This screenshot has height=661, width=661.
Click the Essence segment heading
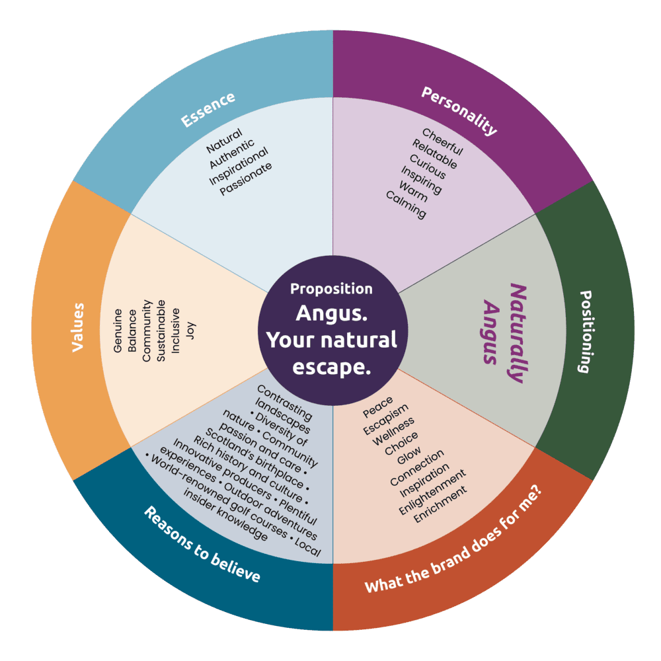[208, 110]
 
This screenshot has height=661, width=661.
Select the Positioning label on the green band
[584, 331]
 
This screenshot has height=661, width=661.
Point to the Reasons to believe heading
[202, 545]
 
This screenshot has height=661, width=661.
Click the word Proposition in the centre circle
[331, 289]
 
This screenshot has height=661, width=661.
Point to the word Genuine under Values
[118, 330]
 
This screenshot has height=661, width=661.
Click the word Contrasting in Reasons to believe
[284, 399]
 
